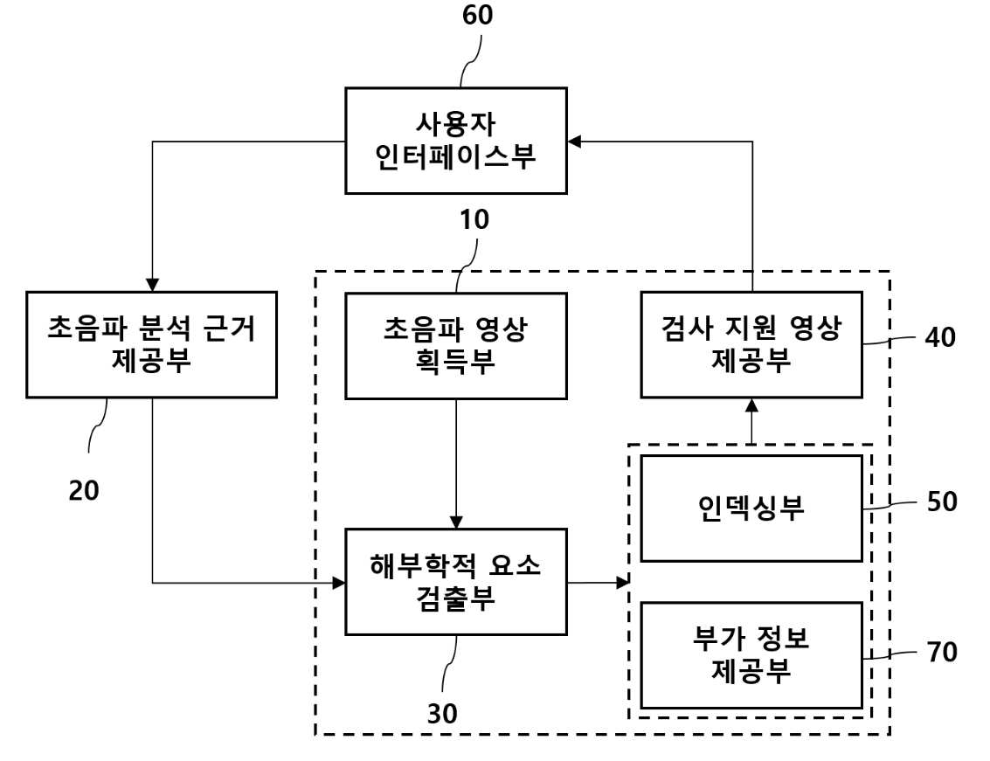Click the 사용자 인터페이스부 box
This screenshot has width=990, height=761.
coord(456,140)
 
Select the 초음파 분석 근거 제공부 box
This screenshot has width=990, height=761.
coord(151,345)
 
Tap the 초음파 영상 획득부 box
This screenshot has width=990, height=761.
coord(456,346)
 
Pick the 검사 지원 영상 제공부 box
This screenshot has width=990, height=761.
coord(751,345)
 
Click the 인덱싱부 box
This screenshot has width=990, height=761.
coord(751,508)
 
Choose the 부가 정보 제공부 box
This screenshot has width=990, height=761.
coord(751,655)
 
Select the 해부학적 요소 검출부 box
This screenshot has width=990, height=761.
coord(456,582)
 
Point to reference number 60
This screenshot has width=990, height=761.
coord(477,15)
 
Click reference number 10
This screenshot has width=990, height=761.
coord(474,220)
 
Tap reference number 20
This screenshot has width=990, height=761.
coord(84,490)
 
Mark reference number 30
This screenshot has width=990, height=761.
coord(442,714)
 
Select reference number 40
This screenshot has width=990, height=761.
coord(941,337)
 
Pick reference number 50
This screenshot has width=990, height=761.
coord(942,502)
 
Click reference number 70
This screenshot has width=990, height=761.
coord(942,652)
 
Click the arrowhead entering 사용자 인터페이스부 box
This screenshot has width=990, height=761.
coord(574,142)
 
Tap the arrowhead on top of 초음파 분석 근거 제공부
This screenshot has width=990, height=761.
coord(152,285)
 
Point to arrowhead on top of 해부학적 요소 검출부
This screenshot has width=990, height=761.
coord(456,522)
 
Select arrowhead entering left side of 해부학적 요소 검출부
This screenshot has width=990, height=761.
coord(338,582)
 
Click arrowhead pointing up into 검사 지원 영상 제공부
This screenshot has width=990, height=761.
coord(751,405)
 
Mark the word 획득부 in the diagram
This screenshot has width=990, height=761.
coord(455,362)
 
